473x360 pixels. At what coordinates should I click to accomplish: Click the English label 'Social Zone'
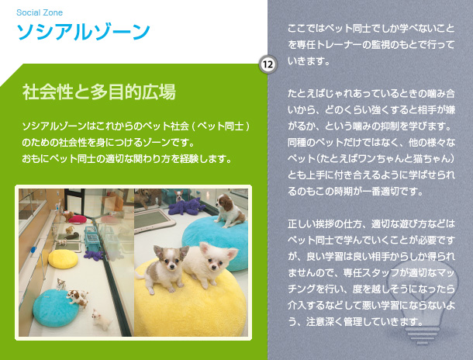pyautogui.click(x=40, y=12)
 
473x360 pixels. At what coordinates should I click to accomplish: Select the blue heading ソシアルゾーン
pyautogui.click(x=84, y=32)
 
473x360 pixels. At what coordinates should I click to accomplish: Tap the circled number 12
pyautogui.click(x=268, y=64)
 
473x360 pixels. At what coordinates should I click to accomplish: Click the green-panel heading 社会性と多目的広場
pyautogui.click(x=99, y=92)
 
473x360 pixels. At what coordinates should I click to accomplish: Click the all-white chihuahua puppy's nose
pyautogui.click(x=213, y=268)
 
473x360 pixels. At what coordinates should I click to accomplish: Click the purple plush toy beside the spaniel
pyautogui.click(x=185, y=206)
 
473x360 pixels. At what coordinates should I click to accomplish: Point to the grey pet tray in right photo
pyautogui.click(x=154, y=220)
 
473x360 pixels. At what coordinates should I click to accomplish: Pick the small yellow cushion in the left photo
pyautogui.click(x=63, y=259)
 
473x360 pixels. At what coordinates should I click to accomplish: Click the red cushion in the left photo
pyautogui.click(x=78, y=219)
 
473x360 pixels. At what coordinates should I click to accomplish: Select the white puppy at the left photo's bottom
pyautogui.click(x=101, y=320)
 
